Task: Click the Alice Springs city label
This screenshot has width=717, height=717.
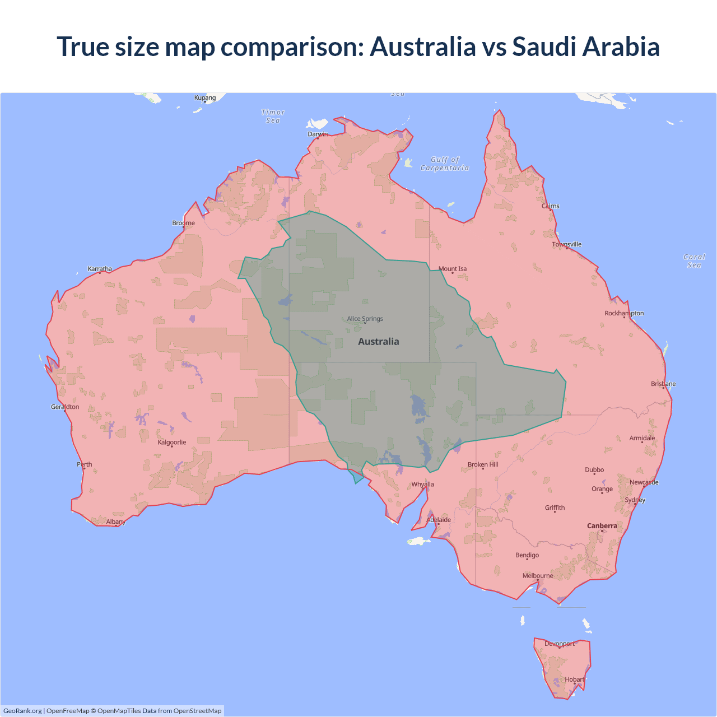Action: click(x=365, y=319)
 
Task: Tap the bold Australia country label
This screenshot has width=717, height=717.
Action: click(x=379, y=342)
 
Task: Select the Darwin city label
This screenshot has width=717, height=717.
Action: click(x=318, y=134)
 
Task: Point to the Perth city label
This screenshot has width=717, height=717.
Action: click(x=85, y=464)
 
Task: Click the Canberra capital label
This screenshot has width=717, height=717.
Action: click(x=602, y=526)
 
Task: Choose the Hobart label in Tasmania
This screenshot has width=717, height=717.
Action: click(x=575, y=679)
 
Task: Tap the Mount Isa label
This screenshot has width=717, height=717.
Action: click(x=453, y=269)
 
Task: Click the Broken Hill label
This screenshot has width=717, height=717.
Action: click(x=483, y=464)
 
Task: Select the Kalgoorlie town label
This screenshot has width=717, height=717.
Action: click(x=172, y=443)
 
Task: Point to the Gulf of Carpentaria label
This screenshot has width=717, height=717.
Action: click(x=445, y=164)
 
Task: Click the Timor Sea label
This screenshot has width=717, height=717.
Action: click(x=273, y=117)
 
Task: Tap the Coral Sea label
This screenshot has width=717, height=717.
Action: click(x=694, y=261)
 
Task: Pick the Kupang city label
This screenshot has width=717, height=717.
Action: click(x=205, y=97)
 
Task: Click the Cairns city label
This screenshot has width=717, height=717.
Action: click(x=550, y=206)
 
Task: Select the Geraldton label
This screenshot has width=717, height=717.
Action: click(x=65, y=407)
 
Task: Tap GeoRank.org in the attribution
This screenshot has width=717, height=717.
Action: click(x=22, y=711)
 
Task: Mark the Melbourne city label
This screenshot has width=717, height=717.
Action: click(x=538, y=576)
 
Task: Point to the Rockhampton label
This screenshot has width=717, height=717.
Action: click(x=624, y=313)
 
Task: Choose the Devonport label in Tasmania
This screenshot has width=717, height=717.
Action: click(x=560, y=644)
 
